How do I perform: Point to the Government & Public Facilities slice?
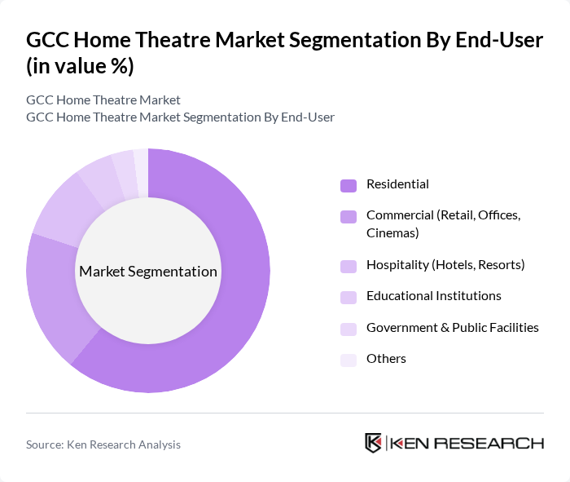coord(124,168)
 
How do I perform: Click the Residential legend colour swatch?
coord(349,184)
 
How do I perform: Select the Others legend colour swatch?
coord(349,360)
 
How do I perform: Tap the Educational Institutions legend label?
coord(433,295)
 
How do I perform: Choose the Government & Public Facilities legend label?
coord(452,327)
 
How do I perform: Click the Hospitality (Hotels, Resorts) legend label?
coord(445,264)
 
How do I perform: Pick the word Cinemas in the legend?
coord(392,232)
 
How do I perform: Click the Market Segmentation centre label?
coord(148,272)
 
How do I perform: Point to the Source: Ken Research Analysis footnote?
coord(103,444)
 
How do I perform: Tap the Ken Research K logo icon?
coord(373,443)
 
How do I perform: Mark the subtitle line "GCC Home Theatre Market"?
coord(103,100)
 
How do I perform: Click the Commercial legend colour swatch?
coord(349,216)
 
